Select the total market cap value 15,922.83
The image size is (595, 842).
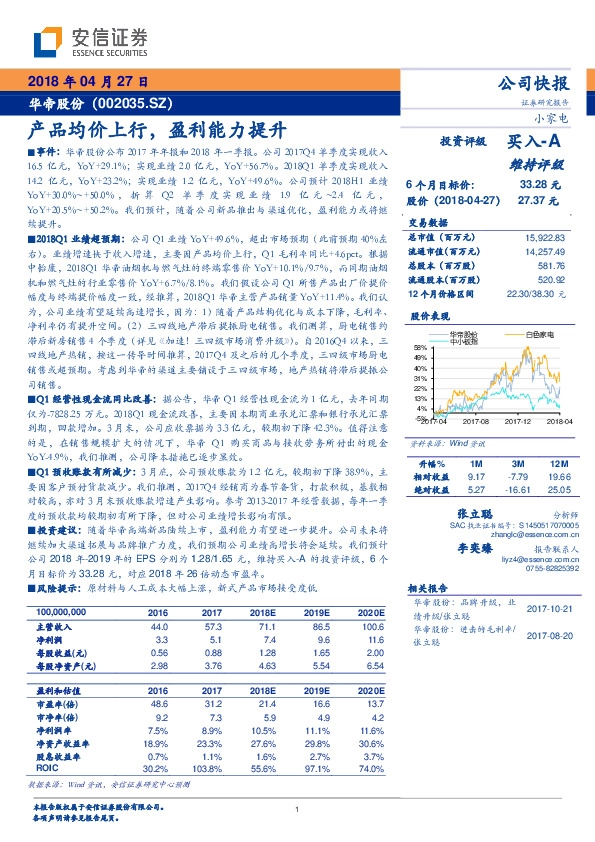click(x=541, y=236)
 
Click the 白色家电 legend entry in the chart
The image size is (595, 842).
click(x=543, y=332)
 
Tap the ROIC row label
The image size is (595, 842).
click(x=47, y=741)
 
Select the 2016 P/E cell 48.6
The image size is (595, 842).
click(x=158, y=676)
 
